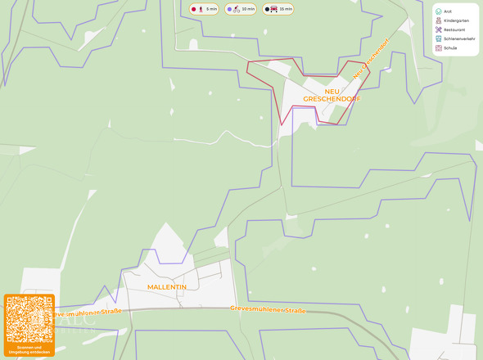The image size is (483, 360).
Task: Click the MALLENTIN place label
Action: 167,287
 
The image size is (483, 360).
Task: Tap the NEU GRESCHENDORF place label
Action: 332,95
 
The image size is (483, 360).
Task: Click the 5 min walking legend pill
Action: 204,9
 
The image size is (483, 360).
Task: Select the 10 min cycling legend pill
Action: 241,9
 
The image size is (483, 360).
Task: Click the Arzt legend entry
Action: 448,11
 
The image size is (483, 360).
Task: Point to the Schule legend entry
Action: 449,47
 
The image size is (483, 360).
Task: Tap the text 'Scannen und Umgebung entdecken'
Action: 29,349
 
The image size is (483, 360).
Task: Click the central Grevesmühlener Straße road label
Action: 269,310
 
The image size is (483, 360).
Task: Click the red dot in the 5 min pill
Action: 194,9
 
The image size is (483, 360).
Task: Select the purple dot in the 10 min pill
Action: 228,9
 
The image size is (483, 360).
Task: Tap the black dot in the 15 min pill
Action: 267,9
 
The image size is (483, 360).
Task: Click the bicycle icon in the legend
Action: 236,9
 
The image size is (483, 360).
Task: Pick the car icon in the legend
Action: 274,9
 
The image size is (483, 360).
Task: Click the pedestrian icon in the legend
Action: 201,9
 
